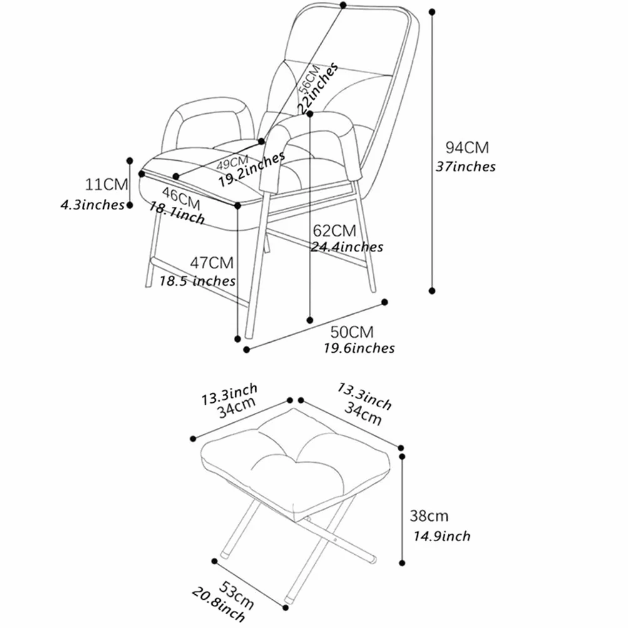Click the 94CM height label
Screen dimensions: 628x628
point(467,148)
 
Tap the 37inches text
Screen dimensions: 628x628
point(465,166)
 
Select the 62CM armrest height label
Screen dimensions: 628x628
point(335,231)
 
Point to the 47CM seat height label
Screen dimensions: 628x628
point(211,263)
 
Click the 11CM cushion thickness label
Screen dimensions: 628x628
point(106,185)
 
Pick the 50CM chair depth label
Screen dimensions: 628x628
point(352,332)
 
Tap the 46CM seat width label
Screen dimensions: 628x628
point(181,199)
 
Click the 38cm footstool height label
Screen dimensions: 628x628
point(429,516)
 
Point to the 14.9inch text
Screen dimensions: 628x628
point(442,536)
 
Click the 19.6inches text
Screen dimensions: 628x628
point(359,348)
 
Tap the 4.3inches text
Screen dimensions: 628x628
point(93,205)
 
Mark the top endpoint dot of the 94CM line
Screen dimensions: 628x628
point(432,12)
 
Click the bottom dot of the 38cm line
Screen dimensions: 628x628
point(402,563)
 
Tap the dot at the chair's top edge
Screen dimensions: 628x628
point(343,5)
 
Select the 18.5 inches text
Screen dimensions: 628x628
point(198,281)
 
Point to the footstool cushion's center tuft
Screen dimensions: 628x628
point(296,460)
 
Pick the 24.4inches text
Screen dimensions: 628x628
point(347,246)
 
